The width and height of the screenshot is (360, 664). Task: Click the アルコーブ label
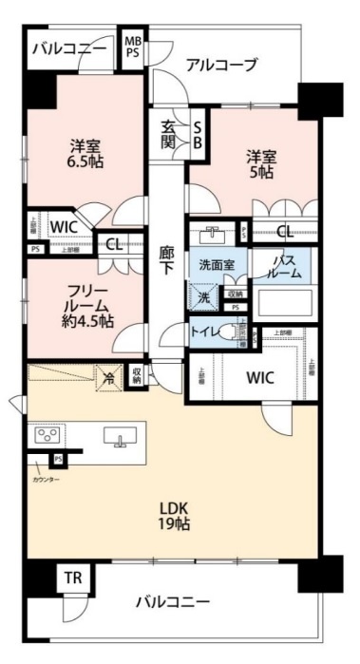220,65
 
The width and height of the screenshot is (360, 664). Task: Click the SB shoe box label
198,134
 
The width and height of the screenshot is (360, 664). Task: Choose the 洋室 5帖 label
264,163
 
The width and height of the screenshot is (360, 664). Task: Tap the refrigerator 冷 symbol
108,377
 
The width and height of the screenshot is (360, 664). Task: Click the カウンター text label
46,480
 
